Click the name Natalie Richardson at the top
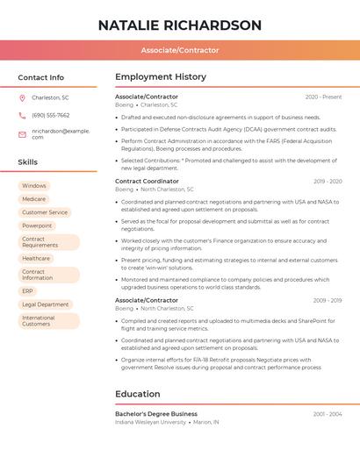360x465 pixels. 180,25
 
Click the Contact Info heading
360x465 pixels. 41,77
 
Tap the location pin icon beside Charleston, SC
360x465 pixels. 22,97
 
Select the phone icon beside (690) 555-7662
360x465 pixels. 22,115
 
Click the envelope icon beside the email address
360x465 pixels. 22,133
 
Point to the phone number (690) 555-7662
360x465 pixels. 50,115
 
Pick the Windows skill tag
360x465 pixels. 34,186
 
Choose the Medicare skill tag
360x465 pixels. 34,199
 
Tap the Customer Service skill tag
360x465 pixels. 45,212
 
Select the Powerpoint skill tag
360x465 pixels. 37,225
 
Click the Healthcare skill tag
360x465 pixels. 36,259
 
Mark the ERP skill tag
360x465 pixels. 28,291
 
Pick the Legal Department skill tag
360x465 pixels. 45,304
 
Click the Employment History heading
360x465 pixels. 161,77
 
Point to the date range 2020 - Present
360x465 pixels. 323,97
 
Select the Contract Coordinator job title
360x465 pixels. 147,182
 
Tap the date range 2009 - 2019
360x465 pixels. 327,301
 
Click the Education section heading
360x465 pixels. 138,394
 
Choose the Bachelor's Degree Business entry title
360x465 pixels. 156,413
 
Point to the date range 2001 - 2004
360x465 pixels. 327,413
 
